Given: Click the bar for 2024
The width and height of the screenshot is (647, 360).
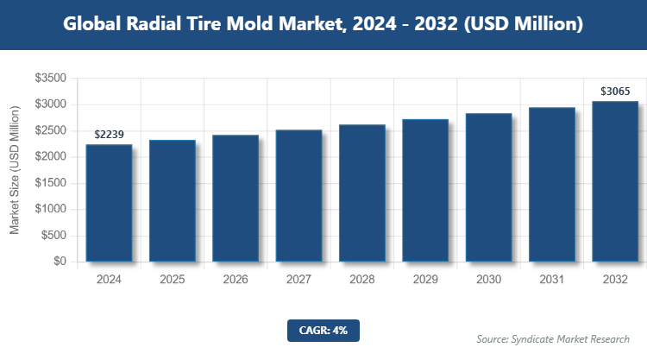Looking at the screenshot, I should click(109, 203).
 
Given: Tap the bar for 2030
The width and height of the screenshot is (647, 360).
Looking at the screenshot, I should click(488, 187).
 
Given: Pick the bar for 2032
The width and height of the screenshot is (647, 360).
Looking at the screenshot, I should click(615, 181).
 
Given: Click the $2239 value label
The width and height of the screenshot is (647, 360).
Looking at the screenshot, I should click(110, 135).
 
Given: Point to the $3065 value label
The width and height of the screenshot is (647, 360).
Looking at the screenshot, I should click(615, 91).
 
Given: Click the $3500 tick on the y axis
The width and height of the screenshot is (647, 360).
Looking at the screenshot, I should click(50, 78).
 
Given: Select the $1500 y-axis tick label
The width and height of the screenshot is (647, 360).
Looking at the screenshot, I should click(50, 182).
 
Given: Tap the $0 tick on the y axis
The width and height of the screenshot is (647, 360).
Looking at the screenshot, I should click(59, 261).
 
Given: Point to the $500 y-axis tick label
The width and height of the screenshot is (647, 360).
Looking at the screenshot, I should click(53, 235).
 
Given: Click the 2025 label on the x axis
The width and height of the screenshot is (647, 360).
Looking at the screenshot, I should click(173, 280).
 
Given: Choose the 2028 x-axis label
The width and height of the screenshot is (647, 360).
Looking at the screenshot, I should click(362, 280).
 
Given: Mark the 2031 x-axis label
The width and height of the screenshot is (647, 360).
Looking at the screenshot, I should click(552, 280).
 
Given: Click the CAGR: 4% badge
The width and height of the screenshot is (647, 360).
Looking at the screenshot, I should click(323, 330).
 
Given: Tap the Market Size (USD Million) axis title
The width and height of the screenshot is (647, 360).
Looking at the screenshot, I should click(15, 170).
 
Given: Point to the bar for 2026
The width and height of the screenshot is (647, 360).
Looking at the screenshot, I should click(236, 198).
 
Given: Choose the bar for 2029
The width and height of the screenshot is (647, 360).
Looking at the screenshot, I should click(425, 190).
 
